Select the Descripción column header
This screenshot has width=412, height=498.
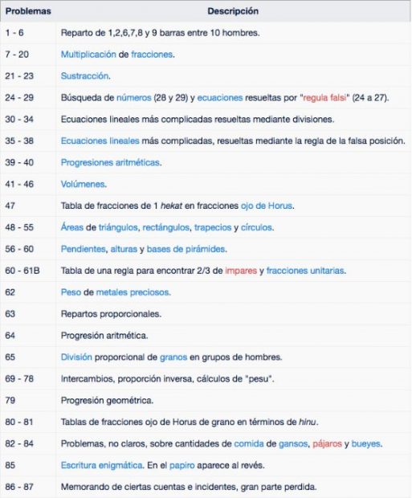tap(232, 12)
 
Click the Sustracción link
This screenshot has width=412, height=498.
tap(85, 76)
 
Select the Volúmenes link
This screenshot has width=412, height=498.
tap(84, 184)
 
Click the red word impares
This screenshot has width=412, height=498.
tap(243, 271)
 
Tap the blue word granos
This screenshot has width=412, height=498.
tap(176, 357)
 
